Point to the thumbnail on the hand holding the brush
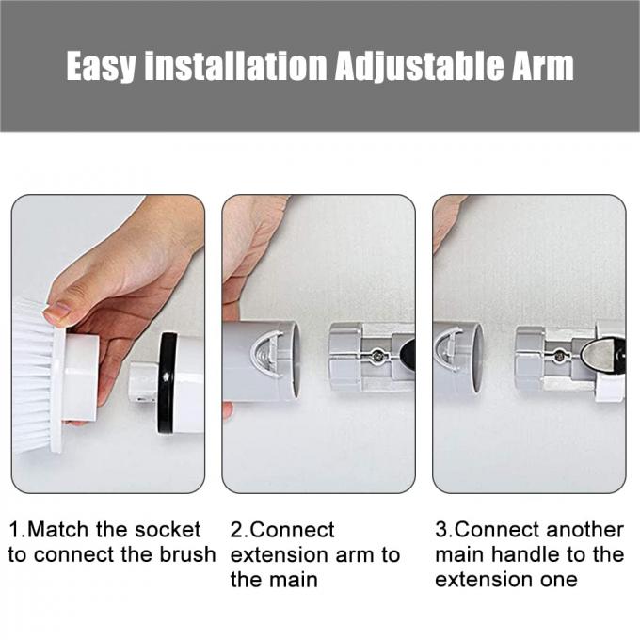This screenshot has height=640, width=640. click(x=57, y=311)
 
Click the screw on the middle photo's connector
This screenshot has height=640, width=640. click(x=376, y=355)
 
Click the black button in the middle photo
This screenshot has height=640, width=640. click(x=407, y=354)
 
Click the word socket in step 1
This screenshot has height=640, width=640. click(x=168, y=530)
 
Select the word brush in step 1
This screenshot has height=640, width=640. click(x=186, y=554)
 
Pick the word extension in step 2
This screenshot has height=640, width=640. click(x=275, y=554)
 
